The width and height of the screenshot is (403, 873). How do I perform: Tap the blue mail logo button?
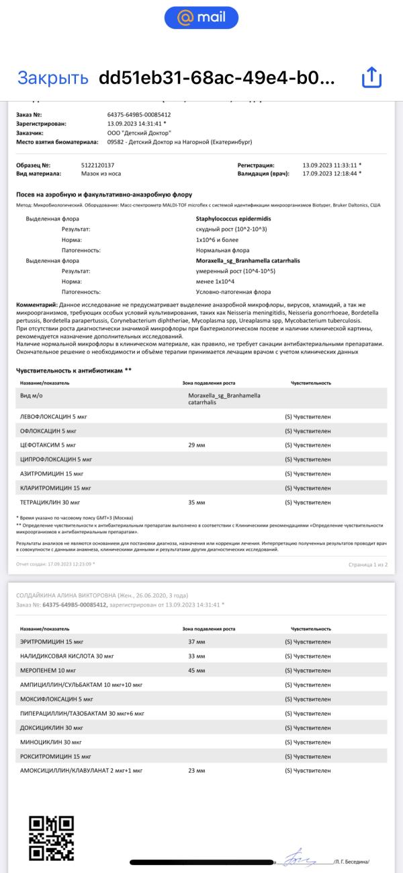201,17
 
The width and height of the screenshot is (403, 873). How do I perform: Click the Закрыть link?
52,77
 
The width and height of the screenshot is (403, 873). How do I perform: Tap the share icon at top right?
371,77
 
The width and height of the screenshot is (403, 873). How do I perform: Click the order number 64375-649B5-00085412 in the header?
138,114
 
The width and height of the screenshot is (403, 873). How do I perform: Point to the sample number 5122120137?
97,165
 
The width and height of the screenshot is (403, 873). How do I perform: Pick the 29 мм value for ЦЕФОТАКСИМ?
196,445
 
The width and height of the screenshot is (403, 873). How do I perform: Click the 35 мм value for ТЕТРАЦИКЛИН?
196,502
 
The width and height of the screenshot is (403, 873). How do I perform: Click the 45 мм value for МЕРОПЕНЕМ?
196,671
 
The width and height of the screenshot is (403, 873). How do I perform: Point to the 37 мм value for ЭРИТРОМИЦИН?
196,642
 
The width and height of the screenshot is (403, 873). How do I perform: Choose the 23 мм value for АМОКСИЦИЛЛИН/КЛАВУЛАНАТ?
196,770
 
